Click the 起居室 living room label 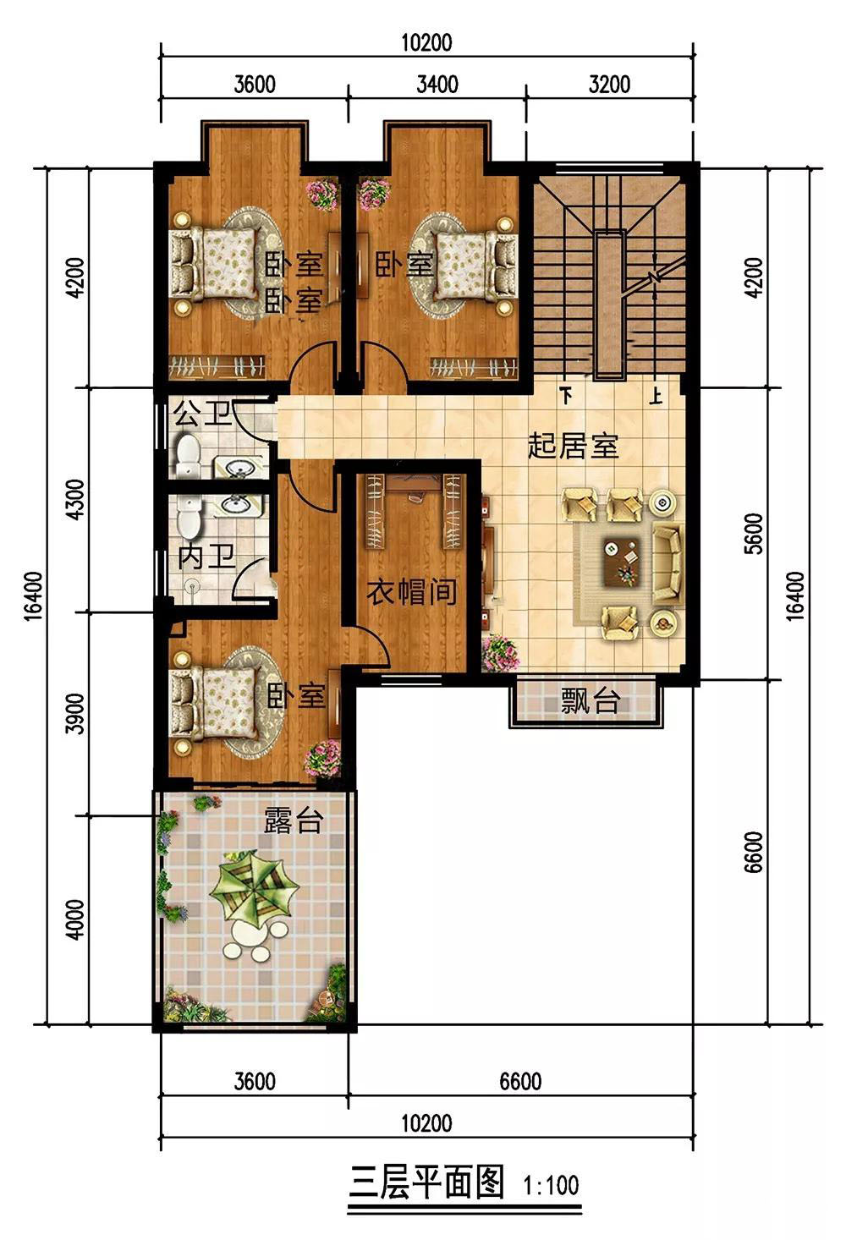point(573,446)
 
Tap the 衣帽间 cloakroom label point(412,592)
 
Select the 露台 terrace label point(293,820)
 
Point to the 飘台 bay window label point(590,701)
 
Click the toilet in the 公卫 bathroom point(187,455)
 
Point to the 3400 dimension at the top point(437,85)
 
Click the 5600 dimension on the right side point(753,534)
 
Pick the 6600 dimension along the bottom point(520,1081)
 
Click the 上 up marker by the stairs point(656,396)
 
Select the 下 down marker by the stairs point(566,396)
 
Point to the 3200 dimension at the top point(609,85)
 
